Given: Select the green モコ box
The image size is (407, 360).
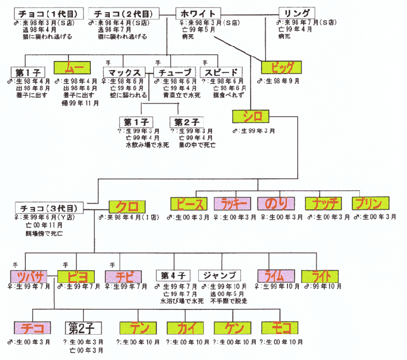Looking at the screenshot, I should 281,328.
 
